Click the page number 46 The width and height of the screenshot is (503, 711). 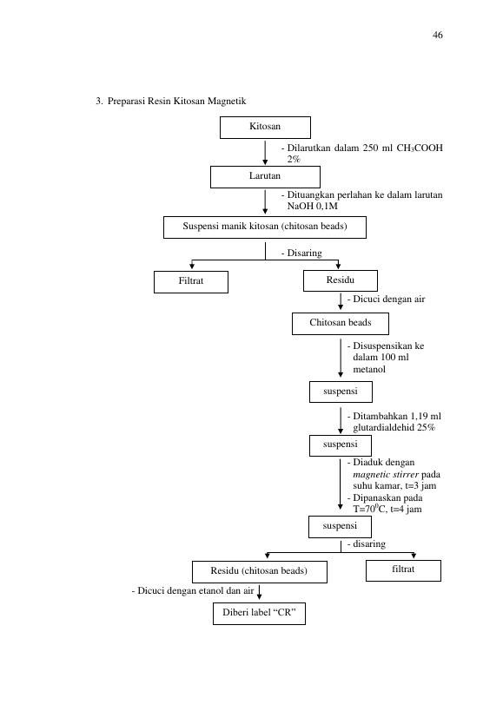[x=437, y=35]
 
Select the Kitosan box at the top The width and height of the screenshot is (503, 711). [x=265, y=128]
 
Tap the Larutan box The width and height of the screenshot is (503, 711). [x=265, y=177]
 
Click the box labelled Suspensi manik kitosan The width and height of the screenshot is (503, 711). [x=265, y=227]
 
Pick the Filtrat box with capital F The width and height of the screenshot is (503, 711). [x=191, y=282]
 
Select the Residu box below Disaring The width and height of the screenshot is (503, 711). [x=341, y=280]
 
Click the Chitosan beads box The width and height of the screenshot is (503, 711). [x=341, y=324]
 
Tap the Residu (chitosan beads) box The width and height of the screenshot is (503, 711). [x=260, y=572]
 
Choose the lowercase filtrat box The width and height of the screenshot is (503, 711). [x=403, y=570]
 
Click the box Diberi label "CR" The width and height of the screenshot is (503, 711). [x=259, y=614]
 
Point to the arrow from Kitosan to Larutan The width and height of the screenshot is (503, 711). [x=265, y=153]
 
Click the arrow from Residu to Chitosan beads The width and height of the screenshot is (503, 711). [x=341, y=301]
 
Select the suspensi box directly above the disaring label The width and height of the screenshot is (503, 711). [x=340, y=526]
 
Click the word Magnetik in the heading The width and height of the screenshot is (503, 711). [x=227, y=101]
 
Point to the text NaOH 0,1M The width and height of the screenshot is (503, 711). [x=312, y=207]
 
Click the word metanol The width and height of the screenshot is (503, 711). [x=369, y=369]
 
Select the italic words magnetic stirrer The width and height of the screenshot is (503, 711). [x=386, y=474]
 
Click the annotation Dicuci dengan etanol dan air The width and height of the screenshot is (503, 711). [x=193, y=591]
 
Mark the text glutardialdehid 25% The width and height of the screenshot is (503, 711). [x=394, y=428]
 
